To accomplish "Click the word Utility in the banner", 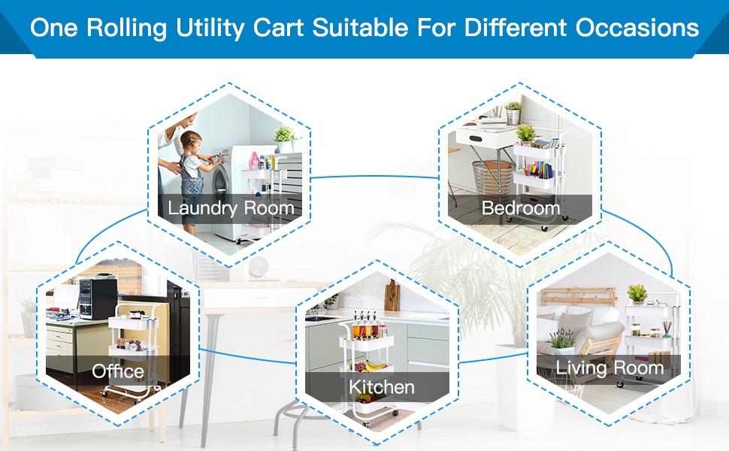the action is [x=210, y=28].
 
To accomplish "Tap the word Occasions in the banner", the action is [x=637, y=27].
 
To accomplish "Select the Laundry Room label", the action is [x=231, y=207].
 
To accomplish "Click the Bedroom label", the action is [x=521, y=207].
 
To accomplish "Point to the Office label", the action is [x=118, y=371].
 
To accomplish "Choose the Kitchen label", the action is [x=382, y=387].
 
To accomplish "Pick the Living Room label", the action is [x=610, y=368].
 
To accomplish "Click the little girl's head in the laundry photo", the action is [x=192, y=141].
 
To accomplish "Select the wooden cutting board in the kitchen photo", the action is [x=392, y=295].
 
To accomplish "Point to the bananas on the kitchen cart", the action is [x=376, y=366].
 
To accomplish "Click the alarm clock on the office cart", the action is [x=135, y=345].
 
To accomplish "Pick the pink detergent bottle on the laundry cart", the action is [x=254, y=161].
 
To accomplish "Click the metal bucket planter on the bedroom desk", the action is [x=513, y=113].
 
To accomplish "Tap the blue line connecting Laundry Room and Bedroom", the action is [x=375, y=177].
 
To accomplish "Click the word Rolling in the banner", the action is [x=126, y=28].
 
